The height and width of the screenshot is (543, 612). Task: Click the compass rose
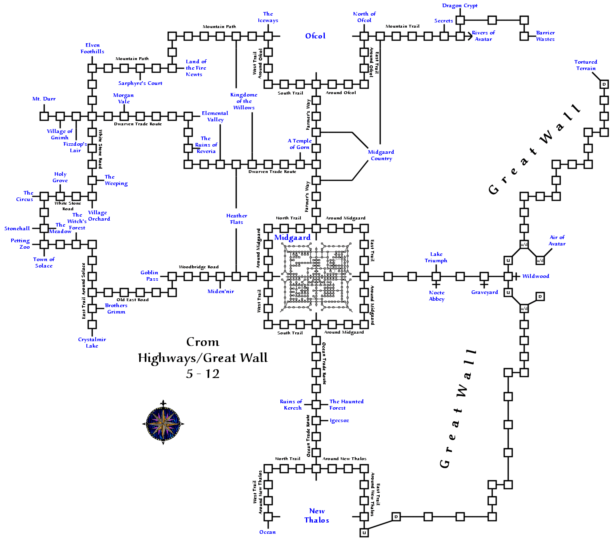pos(163,423)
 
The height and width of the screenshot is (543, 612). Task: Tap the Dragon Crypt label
pos(460,6)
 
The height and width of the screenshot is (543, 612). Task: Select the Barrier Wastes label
pos(545,36)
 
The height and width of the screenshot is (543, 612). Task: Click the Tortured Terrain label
pos(586,65)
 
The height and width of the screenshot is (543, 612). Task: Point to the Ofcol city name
pos(315,36)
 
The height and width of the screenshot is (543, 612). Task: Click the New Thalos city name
pos(317,516)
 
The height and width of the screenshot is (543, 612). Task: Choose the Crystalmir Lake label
pos(92,343)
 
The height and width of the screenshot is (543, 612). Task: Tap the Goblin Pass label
pos(150,276)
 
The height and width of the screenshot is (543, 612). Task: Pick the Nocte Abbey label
pos(437,296)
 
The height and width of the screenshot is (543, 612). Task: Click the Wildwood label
pos(536,276)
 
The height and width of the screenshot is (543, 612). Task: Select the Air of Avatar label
pos(557,241)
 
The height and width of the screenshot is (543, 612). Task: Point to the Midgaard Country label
pos(381,155)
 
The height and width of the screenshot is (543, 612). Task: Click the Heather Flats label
pos(236,219)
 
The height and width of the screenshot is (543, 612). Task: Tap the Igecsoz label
pos(339,420)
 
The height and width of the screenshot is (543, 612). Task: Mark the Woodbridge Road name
pos(199,267)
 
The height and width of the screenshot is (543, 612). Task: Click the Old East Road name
pos(132,300)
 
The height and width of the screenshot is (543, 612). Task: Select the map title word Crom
pos(203,342)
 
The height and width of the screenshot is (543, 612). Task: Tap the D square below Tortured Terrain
pos(604,84)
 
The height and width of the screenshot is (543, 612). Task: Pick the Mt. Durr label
pos(44,99)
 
